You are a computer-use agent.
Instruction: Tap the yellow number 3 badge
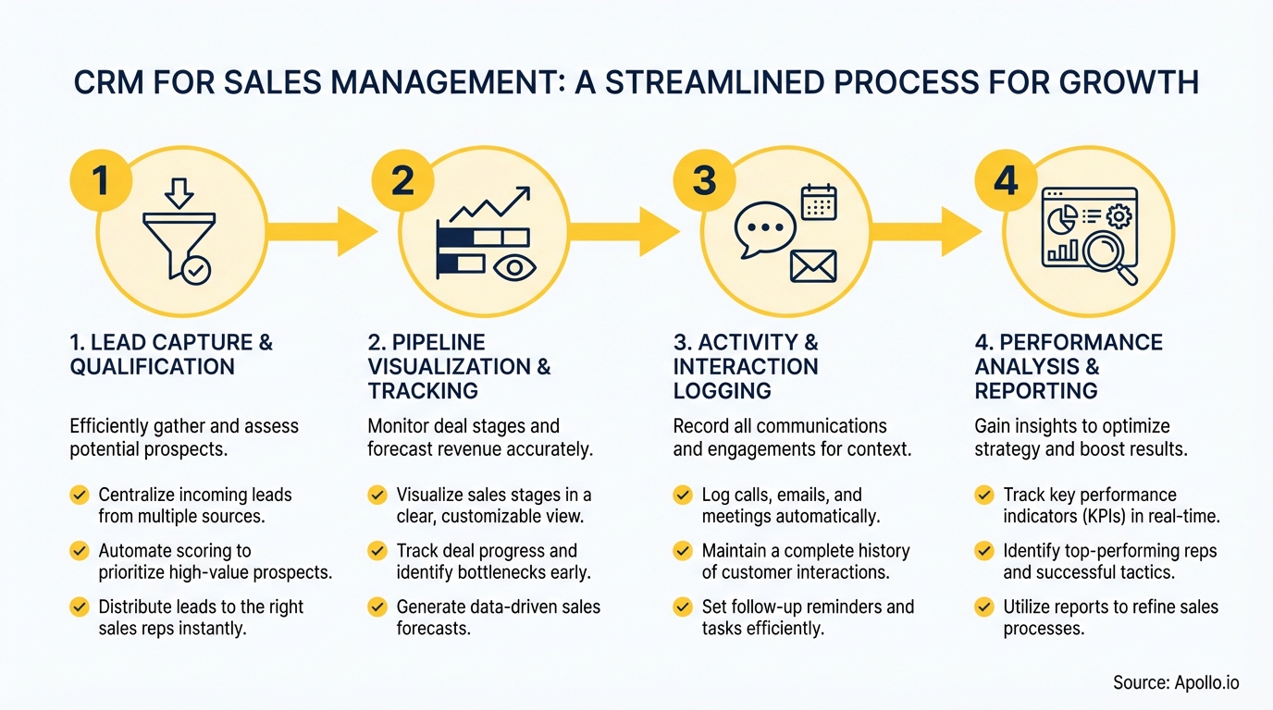704,180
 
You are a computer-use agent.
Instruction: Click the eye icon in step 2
514,268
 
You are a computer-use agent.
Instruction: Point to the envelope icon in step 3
813,266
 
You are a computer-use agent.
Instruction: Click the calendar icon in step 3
819,202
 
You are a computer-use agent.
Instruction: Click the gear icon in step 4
1119,216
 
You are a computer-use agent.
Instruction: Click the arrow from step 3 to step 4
925,231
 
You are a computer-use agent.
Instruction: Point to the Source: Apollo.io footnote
1175,683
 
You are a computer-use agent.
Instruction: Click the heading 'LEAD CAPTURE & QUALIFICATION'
171,354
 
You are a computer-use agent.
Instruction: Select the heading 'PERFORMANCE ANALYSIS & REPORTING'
1069,366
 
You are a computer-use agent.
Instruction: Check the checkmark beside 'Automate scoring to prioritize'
80,551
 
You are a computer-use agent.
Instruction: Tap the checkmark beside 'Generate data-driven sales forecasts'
377,607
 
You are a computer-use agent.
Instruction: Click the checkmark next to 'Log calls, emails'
683,495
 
